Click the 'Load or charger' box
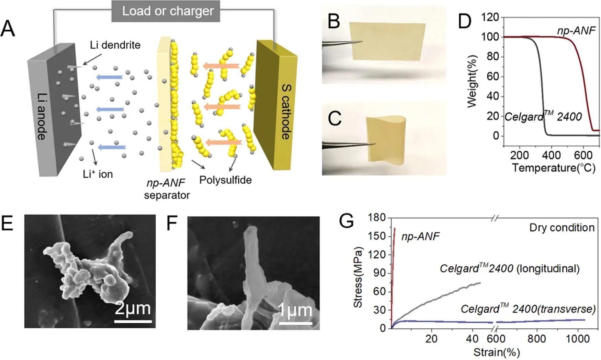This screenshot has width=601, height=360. click(166, 11)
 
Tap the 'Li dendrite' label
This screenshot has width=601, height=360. click(115, 45)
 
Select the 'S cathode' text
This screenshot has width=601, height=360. click(286, 112)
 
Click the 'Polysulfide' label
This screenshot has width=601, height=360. click(225, 180)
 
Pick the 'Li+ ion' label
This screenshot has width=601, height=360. click(98, 174)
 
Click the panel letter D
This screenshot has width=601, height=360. click(464, 21)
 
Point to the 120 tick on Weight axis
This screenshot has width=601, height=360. click(490, 17)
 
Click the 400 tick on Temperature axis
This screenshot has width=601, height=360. click(551, 155)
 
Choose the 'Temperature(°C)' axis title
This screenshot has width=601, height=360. click(554, 168)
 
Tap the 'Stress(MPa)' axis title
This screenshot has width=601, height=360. click(358, 277)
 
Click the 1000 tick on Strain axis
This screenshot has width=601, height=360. click(578, 339)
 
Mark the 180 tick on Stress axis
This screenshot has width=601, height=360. click(377, 217)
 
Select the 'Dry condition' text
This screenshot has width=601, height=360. click(562, 228)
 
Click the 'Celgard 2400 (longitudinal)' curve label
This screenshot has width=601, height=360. click(510, 268)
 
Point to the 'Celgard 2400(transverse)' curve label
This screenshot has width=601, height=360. click(528, 309)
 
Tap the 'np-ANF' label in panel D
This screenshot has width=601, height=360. click(576, 31)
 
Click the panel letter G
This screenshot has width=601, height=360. click(346, 221)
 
